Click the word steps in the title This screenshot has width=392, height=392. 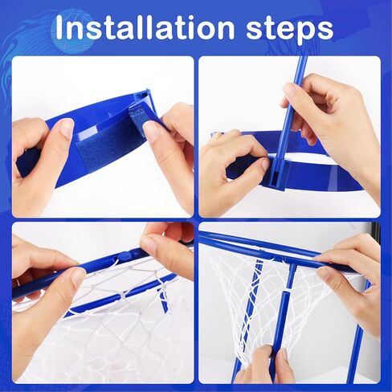[290, 30]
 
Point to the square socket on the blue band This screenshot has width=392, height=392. [279, 174]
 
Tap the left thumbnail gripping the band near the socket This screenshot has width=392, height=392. [263, 161]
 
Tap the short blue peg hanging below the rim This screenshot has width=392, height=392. [164, 299]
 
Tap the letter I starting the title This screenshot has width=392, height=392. [59, 27]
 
